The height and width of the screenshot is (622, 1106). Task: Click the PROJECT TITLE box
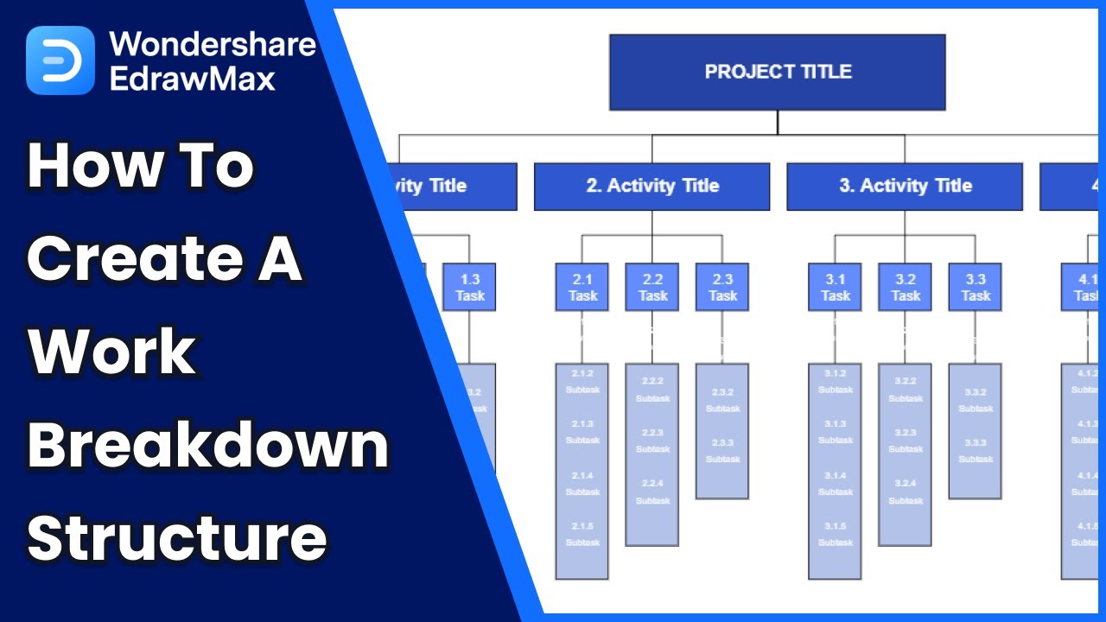click(777, 73)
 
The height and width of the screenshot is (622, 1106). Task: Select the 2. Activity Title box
click(652, 187)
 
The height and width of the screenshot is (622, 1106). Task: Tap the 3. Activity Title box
click(905, 187)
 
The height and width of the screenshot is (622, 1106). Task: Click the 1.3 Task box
click(470, 288)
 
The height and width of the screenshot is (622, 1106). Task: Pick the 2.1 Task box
click(582, 288)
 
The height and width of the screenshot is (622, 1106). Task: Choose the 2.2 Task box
click(652, 288)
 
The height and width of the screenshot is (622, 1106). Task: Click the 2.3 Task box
click(722, 288)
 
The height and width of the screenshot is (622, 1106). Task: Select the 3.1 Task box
click(835, 288)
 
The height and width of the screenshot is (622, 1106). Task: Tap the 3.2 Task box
click(905, 288)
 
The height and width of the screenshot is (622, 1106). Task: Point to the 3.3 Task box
click(976, 288)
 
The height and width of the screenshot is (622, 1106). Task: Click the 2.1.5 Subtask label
click(582, 534)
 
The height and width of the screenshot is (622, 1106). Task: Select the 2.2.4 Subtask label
click(652, 492)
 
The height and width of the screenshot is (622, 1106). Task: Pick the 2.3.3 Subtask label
click(722, 451)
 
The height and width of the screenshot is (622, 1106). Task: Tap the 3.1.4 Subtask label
click(835, 484)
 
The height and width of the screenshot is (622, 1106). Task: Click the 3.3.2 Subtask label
click(976, 400)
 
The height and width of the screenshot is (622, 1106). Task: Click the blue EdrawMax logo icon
click(60, 60)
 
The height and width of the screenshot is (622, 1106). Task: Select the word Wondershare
click(213, 44)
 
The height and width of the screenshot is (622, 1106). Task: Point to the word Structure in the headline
click(177, 536)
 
